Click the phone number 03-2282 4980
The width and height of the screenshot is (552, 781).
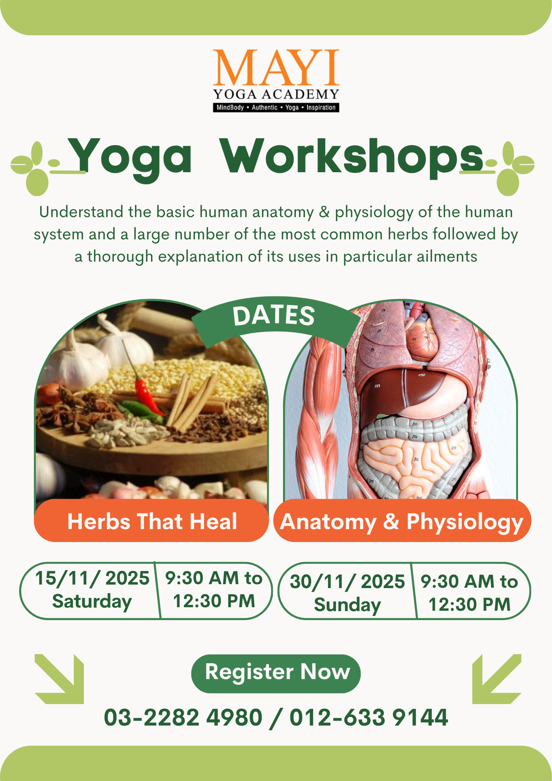coord(183,718)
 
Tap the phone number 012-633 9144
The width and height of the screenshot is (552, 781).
coord(369,718)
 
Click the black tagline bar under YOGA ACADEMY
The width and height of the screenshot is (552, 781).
coord(276,107)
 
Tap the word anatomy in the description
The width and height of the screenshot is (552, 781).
coord(283,212)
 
